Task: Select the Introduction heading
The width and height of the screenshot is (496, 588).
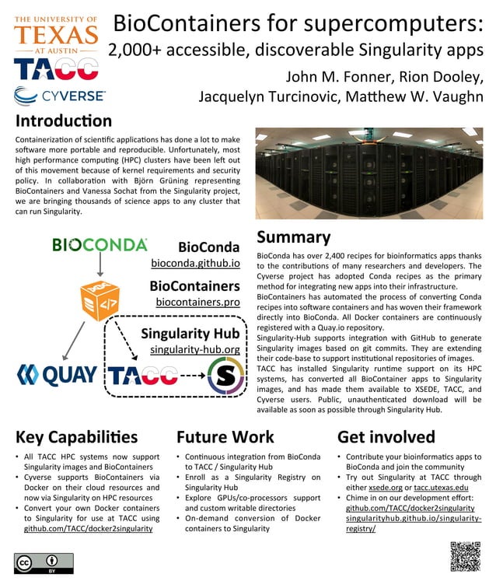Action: click(x=63, y=121)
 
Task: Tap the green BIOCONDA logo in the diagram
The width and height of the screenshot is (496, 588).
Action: click(x=100, y=245)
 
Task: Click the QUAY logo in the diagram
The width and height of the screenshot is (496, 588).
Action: click(x=57, y=375)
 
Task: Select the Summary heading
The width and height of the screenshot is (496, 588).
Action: click(x=293, y=237)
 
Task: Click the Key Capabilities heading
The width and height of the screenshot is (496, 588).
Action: click(x=76, y=436)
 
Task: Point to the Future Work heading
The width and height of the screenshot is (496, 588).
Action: click(x=225, y=436)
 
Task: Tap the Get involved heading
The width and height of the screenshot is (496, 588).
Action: click(x=386, y=436)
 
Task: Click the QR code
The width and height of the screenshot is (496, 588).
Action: click(x=465, y=556)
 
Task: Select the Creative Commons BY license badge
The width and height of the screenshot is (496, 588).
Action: click(x=44, y=563)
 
